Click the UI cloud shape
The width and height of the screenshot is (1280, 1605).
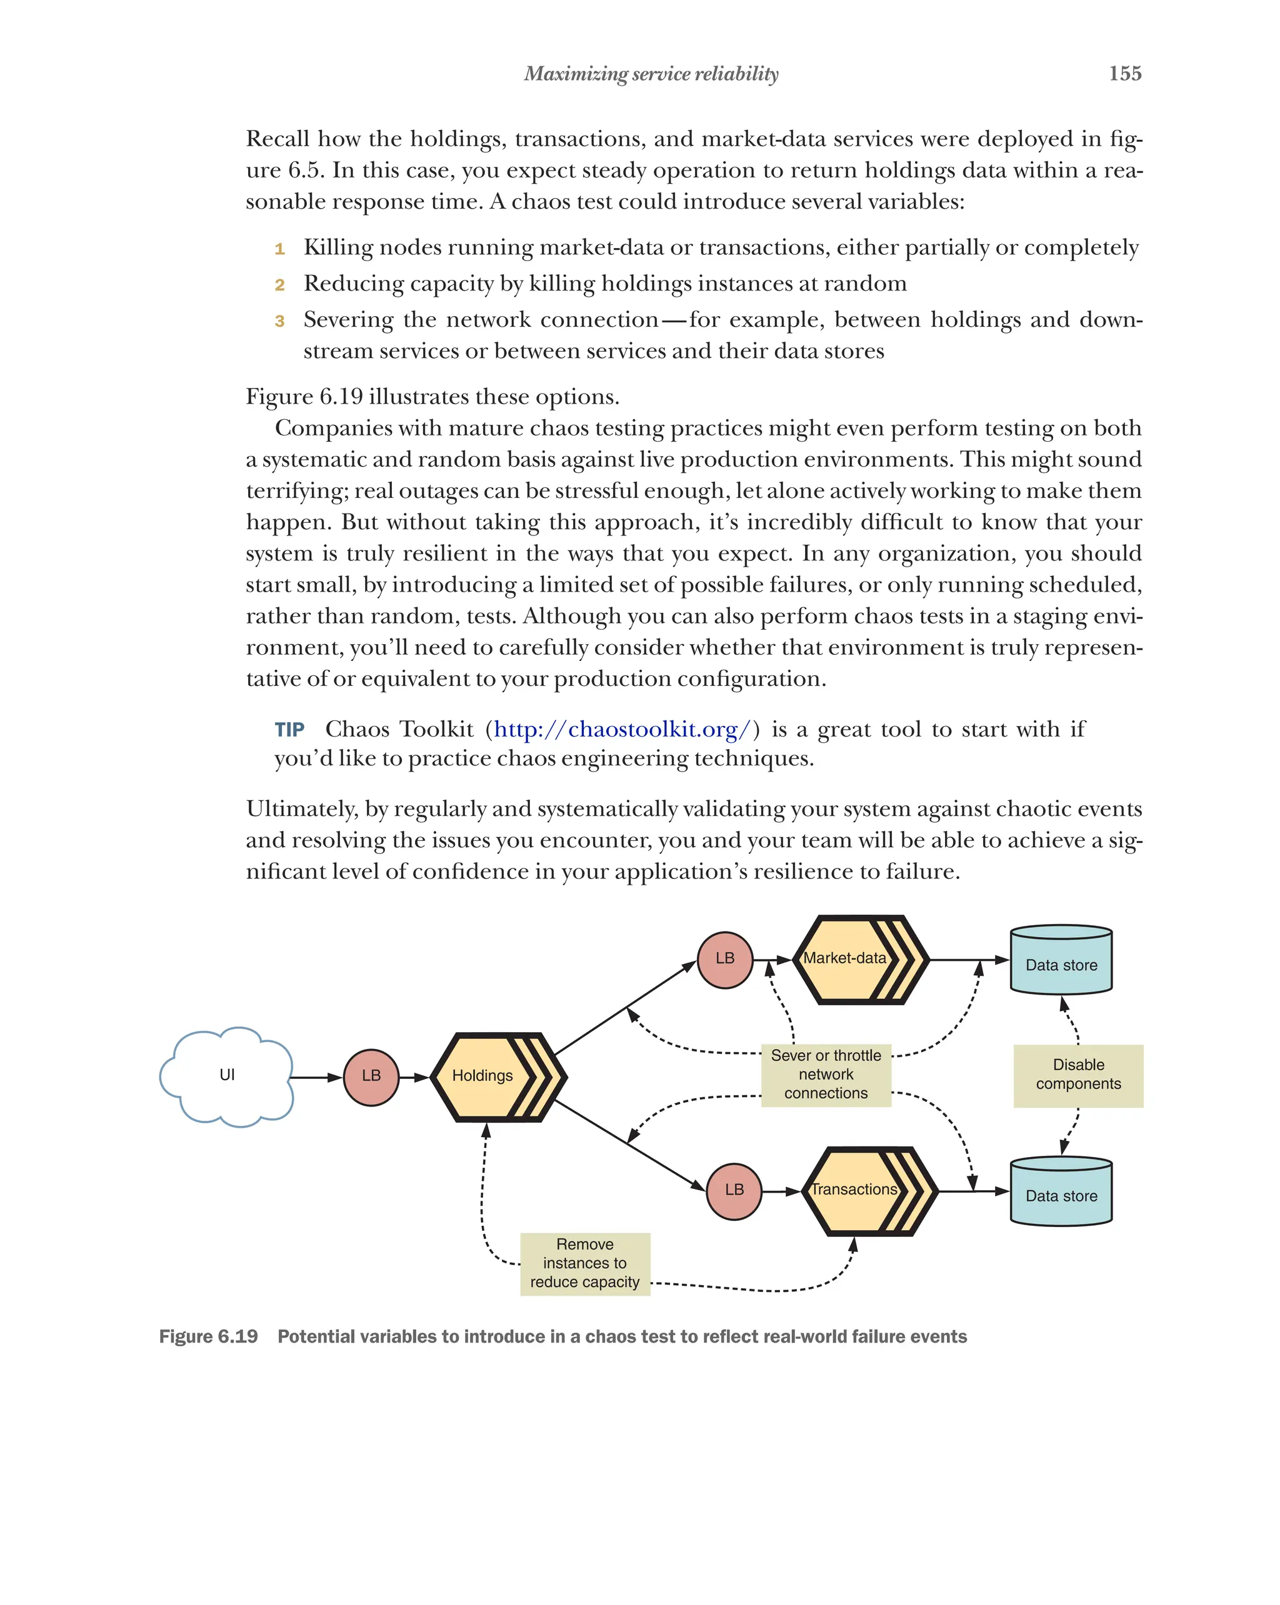[x=226, y=1075]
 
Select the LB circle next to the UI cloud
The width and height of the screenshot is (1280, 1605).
[x=371, y=1076]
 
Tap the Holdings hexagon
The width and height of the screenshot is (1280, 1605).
[x=491, y=1076]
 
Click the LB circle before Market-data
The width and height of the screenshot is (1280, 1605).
[x=724, y=959]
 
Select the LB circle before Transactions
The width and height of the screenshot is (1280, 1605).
[x=734, y=1190]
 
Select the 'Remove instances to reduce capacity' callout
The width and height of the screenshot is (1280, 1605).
[x=584, y=1263]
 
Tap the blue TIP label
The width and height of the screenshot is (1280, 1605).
[x=289, y=730]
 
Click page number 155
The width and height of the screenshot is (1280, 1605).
[x=1124, y=73]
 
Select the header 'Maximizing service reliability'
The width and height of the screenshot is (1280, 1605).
[x=651, y=73]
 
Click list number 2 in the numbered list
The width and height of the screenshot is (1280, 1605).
[x=280, y=285]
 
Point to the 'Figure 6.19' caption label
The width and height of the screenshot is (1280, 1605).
[x=209, y=1336]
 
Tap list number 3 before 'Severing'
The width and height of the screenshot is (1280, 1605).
[x=280, y=321]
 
